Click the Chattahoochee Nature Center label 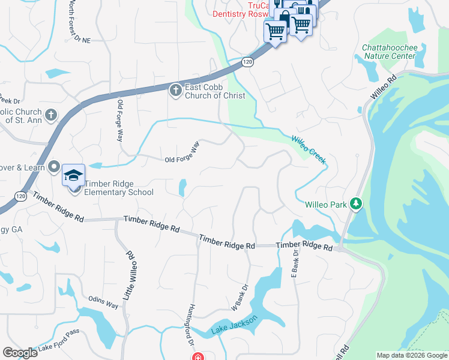[x=388, y=52]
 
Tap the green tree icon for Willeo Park [x=357, y=205]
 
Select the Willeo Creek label [x=309, y=149]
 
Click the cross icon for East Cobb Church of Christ [x=175, y=91]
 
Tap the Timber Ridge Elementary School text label [x=119, y=188]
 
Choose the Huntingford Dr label [x=192, y=323]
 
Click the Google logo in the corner [x=20, y=353]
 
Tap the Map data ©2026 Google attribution [x=411, y=355]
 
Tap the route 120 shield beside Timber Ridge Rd [x=21, y=196]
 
